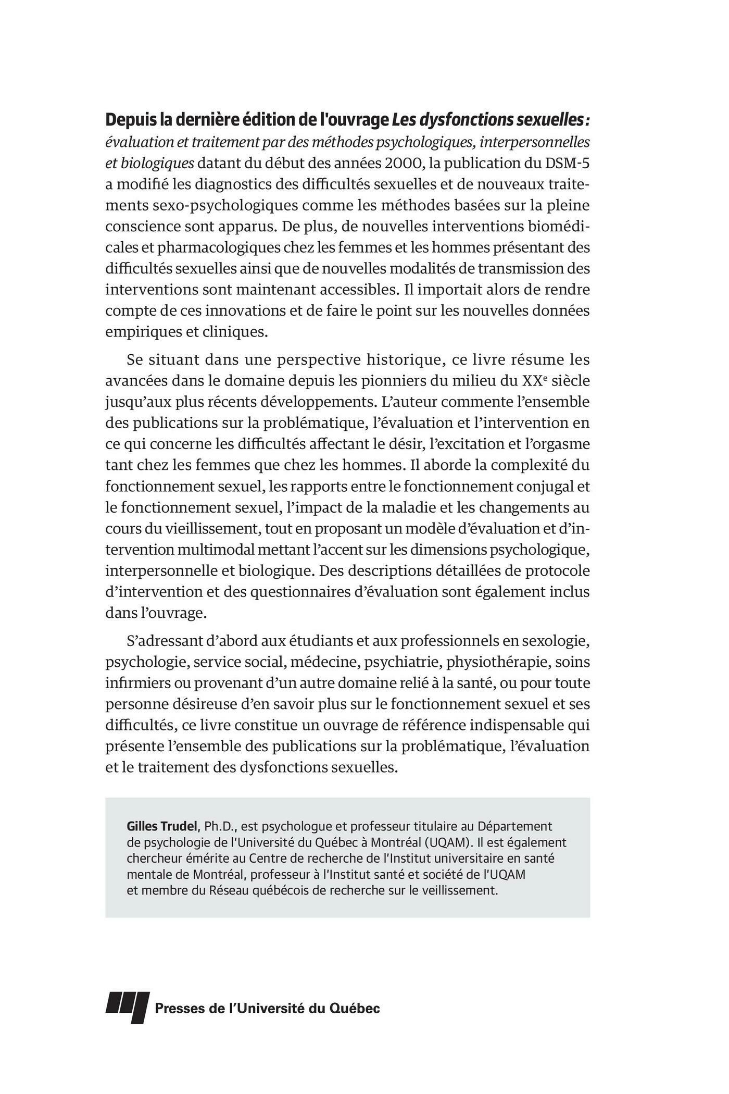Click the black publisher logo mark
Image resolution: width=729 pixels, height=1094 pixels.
click(x=128, y=1008)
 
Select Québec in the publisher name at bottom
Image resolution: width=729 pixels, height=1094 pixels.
click(x=356, y=1009)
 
